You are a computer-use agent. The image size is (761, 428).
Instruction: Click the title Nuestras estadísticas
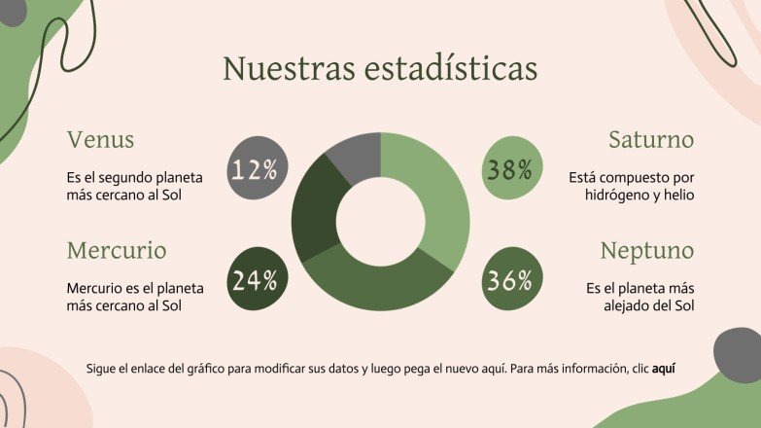point(380,69)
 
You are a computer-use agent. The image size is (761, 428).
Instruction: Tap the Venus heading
point(100,139)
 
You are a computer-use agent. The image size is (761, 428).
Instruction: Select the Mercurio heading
point(117,250)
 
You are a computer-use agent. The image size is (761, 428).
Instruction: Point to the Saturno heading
point(651,139)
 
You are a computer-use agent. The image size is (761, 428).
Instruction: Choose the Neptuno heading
point(647,250)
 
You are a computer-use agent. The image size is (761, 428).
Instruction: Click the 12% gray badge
point(255,170)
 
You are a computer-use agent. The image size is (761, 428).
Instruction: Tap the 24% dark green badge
point(255,281)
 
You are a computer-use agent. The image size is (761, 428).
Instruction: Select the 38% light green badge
point(509,170)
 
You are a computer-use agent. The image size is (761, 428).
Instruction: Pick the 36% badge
point(509,281)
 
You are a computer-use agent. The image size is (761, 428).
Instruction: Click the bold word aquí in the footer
point(663,369)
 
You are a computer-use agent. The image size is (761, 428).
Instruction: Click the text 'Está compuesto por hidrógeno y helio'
point(631,187)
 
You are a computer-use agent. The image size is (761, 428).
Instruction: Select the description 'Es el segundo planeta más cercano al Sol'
point(134,187)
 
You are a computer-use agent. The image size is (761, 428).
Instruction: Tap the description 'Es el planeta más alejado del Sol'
point(640,298)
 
